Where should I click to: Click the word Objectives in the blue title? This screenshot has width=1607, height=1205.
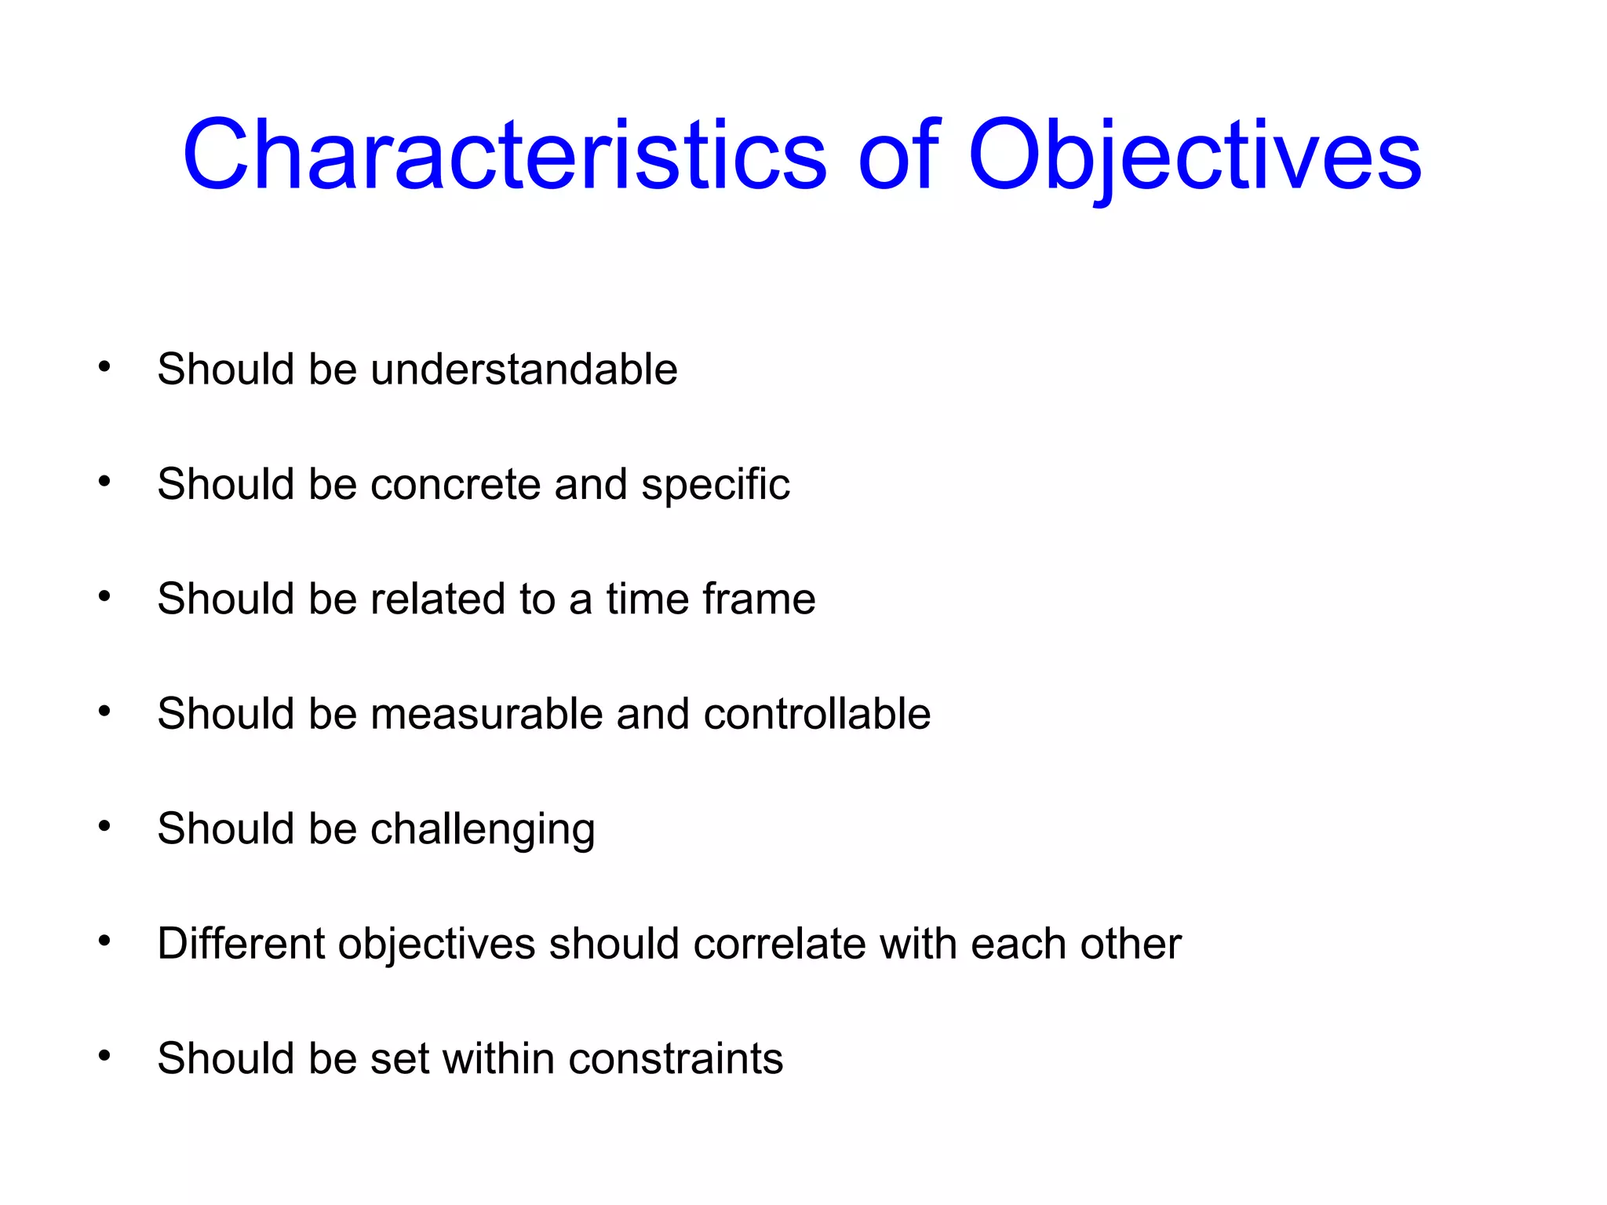(1194, 155)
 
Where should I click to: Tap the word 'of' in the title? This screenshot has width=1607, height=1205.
(898, 155)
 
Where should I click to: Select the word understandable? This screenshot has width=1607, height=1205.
(523, 369)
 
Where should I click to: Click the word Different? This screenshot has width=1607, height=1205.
(241, 943)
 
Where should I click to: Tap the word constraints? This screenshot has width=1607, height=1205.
(676, 1058)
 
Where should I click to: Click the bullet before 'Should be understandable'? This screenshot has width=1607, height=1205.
(104, 366)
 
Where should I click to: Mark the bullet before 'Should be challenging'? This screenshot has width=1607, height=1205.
(104, 826)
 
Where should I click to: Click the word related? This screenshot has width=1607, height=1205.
(437, 599)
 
